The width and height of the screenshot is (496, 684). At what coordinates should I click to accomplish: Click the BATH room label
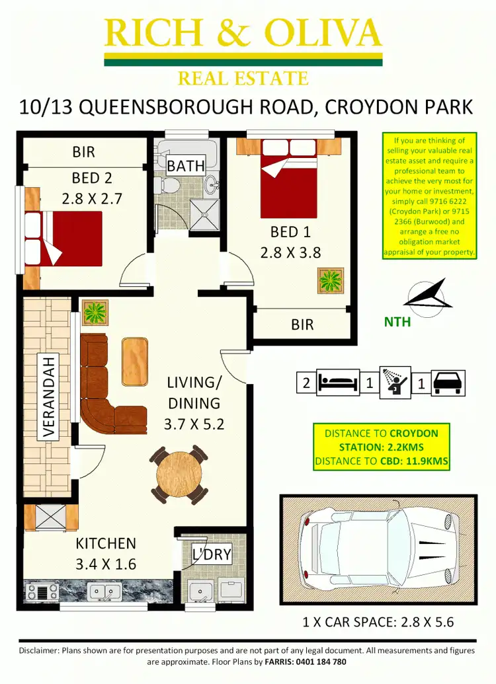pyautogui.click(x=186, y=165)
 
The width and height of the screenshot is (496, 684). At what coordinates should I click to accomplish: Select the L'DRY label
pyautogui.click(x=212, y=554)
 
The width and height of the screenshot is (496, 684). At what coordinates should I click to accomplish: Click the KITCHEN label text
pyautogui.click(x=106, y=543)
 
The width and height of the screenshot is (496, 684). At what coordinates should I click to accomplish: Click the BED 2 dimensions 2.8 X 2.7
pyautogui.click(x=92, y=198)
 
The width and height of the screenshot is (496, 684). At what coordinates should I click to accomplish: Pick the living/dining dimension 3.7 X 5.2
pyautogui.click(x=194, y=424)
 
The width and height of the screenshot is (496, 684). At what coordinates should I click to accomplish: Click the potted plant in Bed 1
pyautogui.click(x=329, y=280)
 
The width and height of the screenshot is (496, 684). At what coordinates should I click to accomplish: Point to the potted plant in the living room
pyautogui.click(x=97, y=311)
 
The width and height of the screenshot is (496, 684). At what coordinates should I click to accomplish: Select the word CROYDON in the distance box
pyautogui.click(x=414, y=434)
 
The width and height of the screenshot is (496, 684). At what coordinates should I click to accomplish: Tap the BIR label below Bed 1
pyautogui.click(x=302, y=324)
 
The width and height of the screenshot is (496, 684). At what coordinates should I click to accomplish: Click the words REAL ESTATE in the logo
pyautogui.click(x=243, y=79)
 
